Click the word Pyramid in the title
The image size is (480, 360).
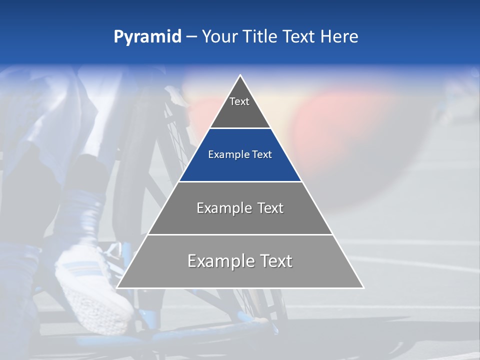(147, 37)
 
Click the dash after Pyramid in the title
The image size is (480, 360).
(191, 37)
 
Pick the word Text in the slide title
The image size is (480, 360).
(299, 37)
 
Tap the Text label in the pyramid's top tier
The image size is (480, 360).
(239, 101)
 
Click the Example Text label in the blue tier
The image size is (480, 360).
(240, 154)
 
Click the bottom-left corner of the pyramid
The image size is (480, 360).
(117, 287)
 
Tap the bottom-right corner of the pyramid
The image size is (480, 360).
(363, 287)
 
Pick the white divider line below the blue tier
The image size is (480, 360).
(240, 181)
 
